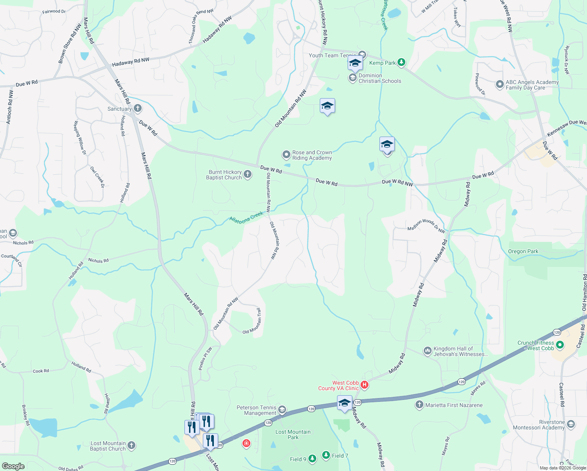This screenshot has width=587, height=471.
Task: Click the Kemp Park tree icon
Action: coord(401,62)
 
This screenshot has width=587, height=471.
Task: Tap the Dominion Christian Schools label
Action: coord(379,78)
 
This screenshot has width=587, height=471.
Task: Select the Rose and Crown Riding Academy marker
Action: coord(286,155)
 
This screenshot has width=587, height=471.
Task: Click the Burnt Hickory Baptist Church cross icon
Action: coord(248,174)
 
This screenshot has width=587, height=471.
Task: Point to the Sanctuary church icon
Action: coord(137,108)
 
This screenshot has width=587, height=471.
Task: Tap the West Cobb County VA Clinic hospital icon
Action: coord(365,385)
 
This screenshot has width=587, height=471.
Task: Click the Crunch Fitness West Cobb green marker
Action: coord(560,345)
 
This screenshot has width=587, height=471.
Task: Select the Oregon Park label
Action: coord(523,252)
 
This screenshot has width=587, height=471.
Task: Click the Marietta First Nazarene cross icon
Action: coord(419,405)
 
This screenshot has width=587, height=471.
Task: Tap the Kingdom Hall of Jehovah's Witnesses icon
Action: coord(428,351)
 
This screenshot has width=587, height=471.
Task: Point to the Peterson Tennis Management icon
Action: coord(282,410)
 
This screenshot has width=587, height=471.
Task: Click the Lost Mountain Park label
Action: coord(293,434)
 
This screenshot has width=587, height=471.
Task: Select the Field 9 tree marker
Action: coord(312,458)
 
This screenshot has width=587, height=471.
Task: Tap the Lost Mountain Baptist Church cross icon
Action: coord(131,445)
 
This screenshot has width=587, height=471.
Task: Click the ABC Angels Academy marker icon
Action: coord(499,84)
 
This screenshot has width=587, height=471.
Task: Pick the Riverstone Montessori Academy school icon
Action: coord(571,424)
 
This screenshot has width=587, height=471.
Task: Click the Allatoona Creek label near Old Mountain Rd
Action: coord(246,217)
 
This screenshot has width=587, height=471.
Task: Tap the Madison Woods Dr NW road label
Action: coord(426,226)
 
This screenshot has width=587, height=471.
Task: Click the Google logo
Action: coord(13,466)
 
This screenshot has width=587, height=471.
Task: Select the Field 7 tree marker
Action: coord(326,455)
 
